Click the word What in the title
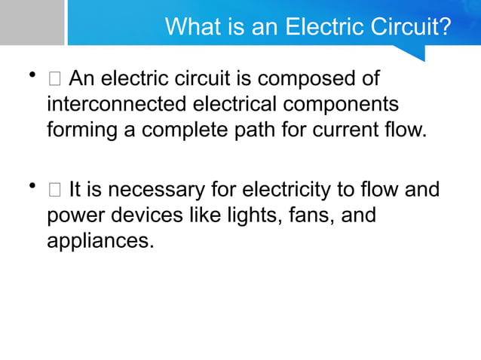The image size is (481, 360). (x=192, y=27)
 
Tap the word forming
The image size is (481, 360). (x=81, y=130)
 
